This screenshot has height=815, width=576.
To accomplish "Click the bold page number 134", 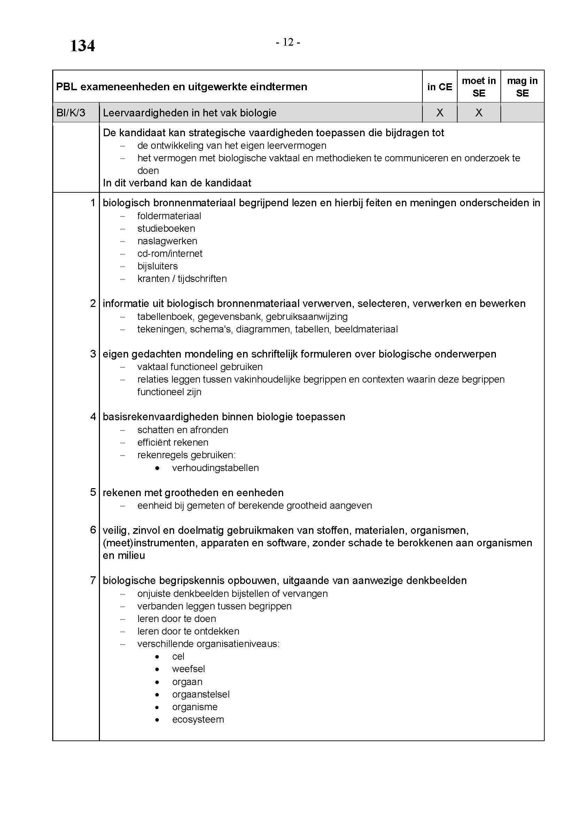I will pyautogui.click(x=82, y=46).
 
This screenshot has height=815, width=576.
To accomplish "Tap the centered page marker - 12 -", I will pyautogui.click(x=288, y=42).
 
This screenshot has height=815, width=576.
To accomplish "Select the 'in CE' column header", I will pyautogui.click(x=439, y=87).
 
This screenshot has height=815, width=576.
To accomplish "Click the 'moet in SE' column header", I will pyautogui.click(x=478, y=87).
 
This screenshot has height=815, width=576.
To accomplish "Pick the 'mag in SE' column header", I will pyautogui.click(x=522, y=87).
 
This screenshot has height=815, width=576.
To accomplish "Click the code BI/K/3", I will pyautogui.click(x=71, y=113).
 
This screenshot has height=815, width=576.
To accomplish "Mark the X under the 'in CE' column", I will pyautogui.click(x=440, y=113).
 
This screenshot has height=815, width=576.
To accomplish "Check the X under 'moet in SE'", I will pyautogui.click(x=479, y=113).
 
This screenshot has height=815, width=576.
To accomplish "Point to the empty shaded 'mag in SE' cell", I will pyautogui.click(x=522, y=113).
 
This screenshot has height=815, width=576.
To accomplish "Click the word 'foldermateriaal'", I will pyautogui.click(x=169, y=216).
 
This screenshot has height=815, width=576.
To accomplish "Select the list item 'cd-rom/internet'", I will pyautogui.click(x=170, y=253).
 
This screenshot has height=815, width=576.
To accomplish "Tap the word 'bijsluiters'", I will pyautogui.click(x=157, y=266).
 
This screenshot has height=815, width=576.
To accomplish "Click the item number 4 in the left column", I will pyautogui.click(x=93, y=416).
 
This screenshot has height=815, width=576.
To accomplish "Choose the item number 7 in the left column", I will pyautogui.click(x=93, y=581).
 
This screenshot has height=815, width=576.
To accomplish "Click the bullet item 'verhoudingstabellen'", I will pyautogui.click(x=215, y=468).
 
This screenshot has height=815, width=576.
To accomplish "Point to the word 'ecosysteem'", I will pyautogui.click(x=198, y=720).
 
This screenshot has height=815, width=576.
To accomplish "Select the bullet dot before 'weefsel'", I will pyautogui.click(x=157, y=669).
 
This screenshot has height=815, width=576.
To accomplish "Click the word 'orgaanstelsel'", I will pyautogui.click(x=201, y=694).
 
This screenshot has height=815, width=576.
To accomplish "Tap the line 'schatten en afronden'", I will pyautogui.click(x=183, y=430).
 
